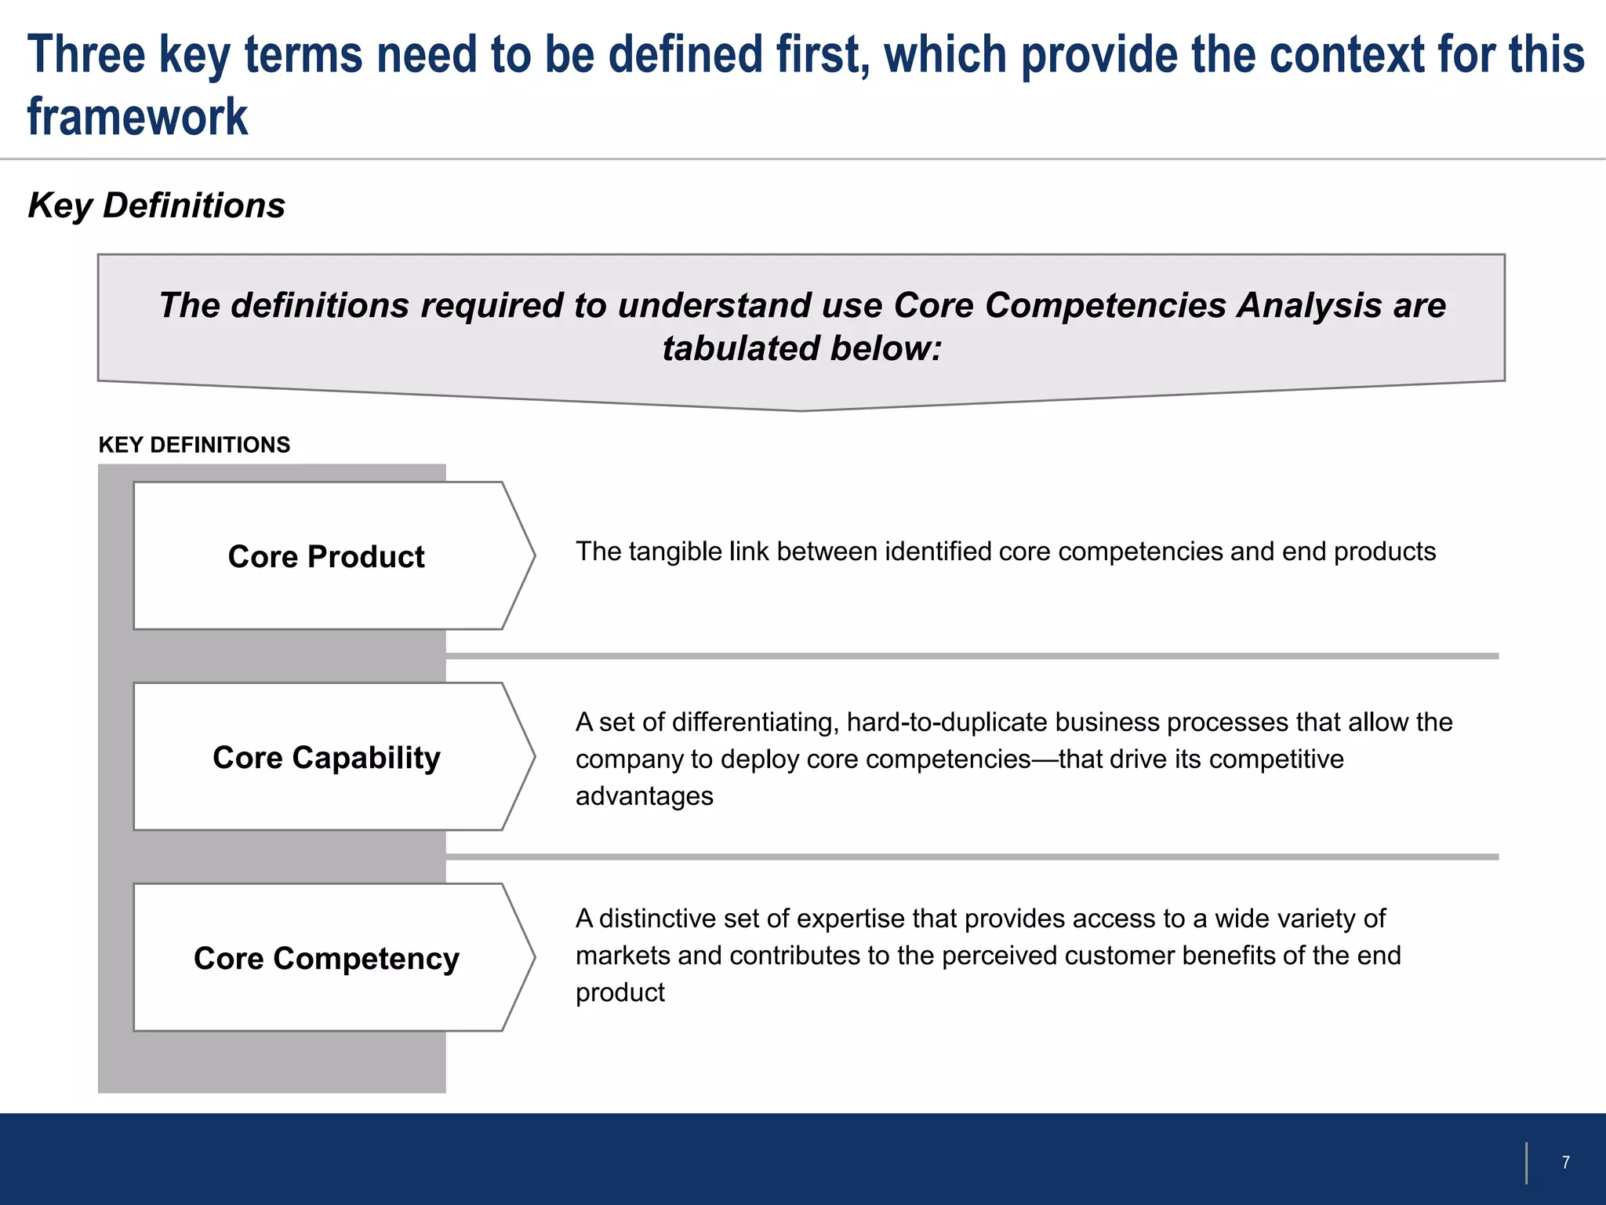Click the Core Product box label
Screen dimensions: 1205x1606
[x=326, y=556]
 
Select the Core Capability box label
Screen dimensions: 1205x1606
[x=326, y=757]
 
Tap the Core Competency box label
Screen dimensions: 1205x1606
[x=326, y=958]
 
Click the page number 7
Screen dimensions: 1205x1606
[x=1565, y=1162]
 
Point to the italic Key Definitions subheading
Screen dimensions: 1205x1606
[x=156, y=206]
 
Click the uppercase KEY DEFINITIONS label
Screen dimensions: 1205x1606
[x=194, y=445]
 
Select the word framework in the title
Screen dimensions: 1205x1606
[x=137, y=117]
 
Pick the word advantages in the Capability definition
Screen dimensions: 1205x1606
[x=644, y=796]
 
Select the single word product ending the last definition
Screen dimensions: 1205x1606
[x=620, y=992]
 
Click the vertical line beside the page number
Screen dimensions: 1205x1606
[x=1526, y=1163]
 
